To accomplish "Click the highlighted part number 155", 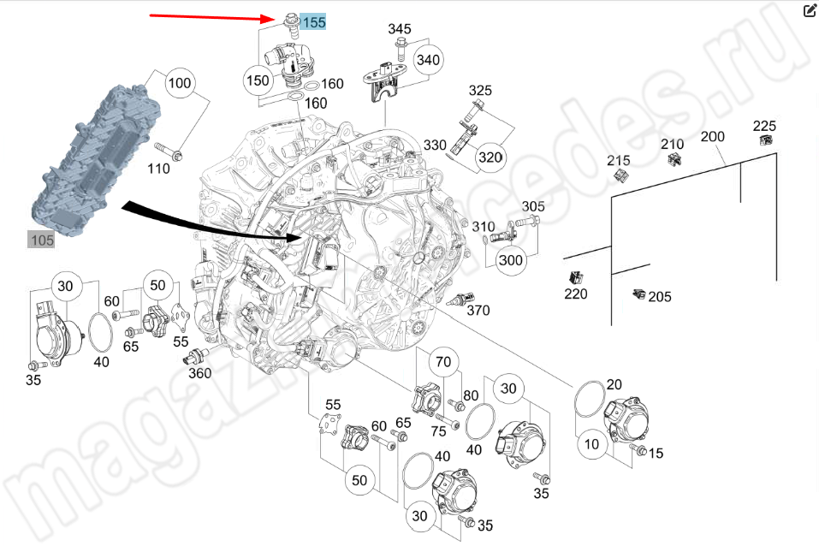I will [313, 22].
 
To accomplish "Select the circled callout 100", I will [179, 83].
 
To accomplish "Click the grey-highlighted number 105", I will [42, 240].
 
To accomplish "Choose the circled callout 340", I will [428, 59].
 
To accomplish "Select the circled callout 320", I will [490, 157].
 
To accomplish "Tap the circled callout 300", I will [511, 260].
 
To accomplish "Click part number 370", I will [478, 311].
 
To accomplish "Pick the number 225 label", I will [764, 126].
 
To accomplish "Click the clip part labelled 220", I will [576, 277].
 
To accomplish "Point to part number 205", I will [659, 297].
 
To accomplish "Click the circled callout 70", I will [442, 363].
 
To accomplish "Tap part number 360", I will [199, 373].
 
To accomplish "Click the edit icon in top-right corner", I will [810, 10].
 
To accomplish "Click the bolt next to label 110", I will [175, 156].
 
